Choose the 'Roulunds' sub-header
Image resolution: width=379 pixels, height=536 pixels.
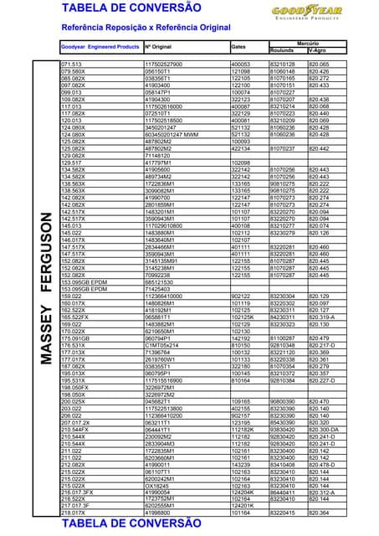(282, 50)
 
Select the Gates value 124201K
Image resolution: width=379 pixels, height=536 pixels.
(243, 506)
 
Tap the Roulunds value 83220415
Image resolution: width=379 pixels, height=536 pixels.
(283, 513)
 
